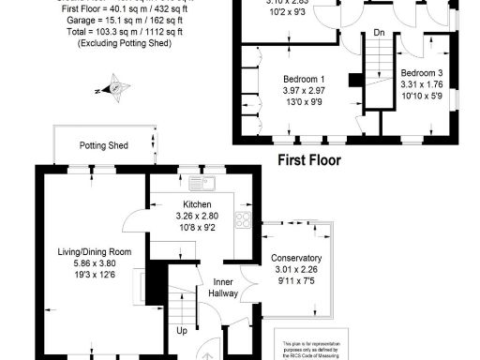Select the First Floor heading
308,159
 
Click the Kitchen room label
198,204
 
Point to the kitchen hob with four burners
242,220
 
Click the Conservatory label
296,258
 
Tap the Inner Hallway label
223,288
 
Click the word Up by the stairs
181,330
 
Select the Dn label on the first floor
379,33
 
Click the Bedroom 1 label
304,78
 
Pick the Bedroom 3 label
420,72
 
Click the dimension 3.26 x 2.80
197,216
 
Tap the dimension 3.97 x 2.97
304,89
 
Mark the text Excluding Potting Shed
130,43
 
